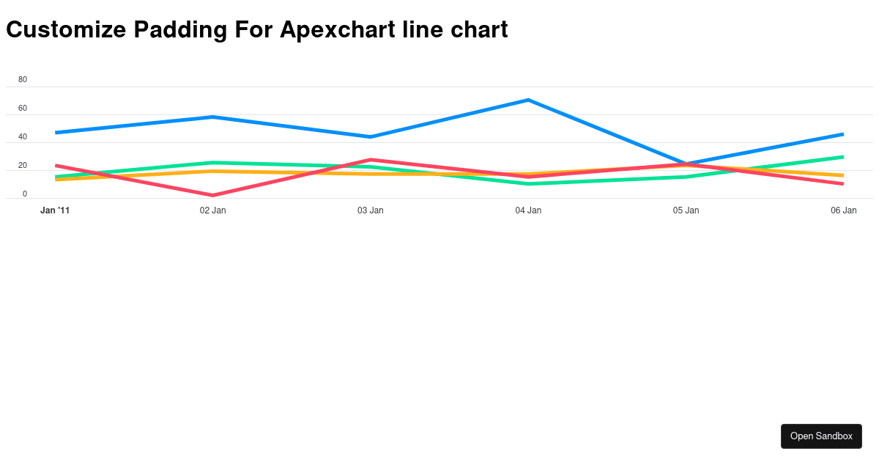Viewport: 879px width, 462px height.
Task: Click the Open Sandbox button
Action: point(821,436)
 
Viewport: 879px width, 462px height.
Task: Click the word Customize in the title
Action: point(66,29)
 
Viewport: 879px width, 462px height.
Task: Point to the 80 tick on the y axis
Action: point(23,79)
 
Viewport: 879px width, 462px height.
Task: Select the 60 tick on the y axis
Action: point(23,108)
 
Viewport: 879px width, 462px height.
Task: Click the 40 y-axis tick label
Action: point(23,136)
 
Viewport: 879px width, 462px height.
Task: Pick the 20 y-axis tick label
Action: point(23,165)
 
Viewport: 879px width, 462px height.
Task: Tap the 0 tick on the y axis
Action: point(25,194)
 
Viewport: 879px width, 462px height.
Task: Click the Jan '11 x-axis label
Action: point(55,210)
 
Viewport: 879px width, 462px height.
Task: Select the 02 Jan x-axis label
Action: point(212,210)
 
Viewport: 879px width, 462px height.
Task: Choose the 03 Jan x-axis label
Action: point(371,210)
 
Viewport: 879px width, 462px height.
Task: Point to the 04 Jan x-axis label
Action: point(528,210)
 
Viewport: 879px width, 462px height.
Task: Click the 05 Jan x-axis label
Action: point(686,210)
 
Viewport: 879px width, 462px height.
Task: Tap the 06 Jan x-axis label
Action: point(843,210)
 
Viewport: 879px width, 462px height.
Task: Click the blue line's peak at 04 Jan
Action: point(528,100)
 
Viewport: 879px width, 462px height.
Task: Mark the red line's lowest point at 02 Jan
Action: point(212,195)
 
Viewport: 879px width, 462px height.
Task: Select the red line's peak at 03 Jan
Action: point(371,159)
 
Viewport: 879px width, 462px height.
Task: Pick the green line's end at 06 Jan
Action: point(843,157)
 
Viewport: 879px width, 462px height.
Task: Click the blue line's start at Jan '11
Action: point(56,133)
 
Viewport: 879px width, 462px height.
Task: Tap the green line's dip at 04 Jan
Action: point(528,183)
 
